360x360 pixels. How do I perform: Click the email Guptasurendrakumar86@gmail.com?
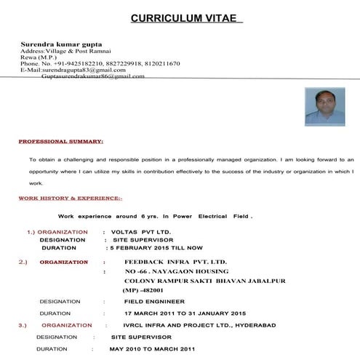(x=93, y=76)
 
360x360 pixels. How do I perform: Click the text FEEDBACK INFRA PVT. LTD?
(x=175, y=260)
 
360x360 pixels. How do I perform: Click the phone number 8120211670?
(x=159, y=63)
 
